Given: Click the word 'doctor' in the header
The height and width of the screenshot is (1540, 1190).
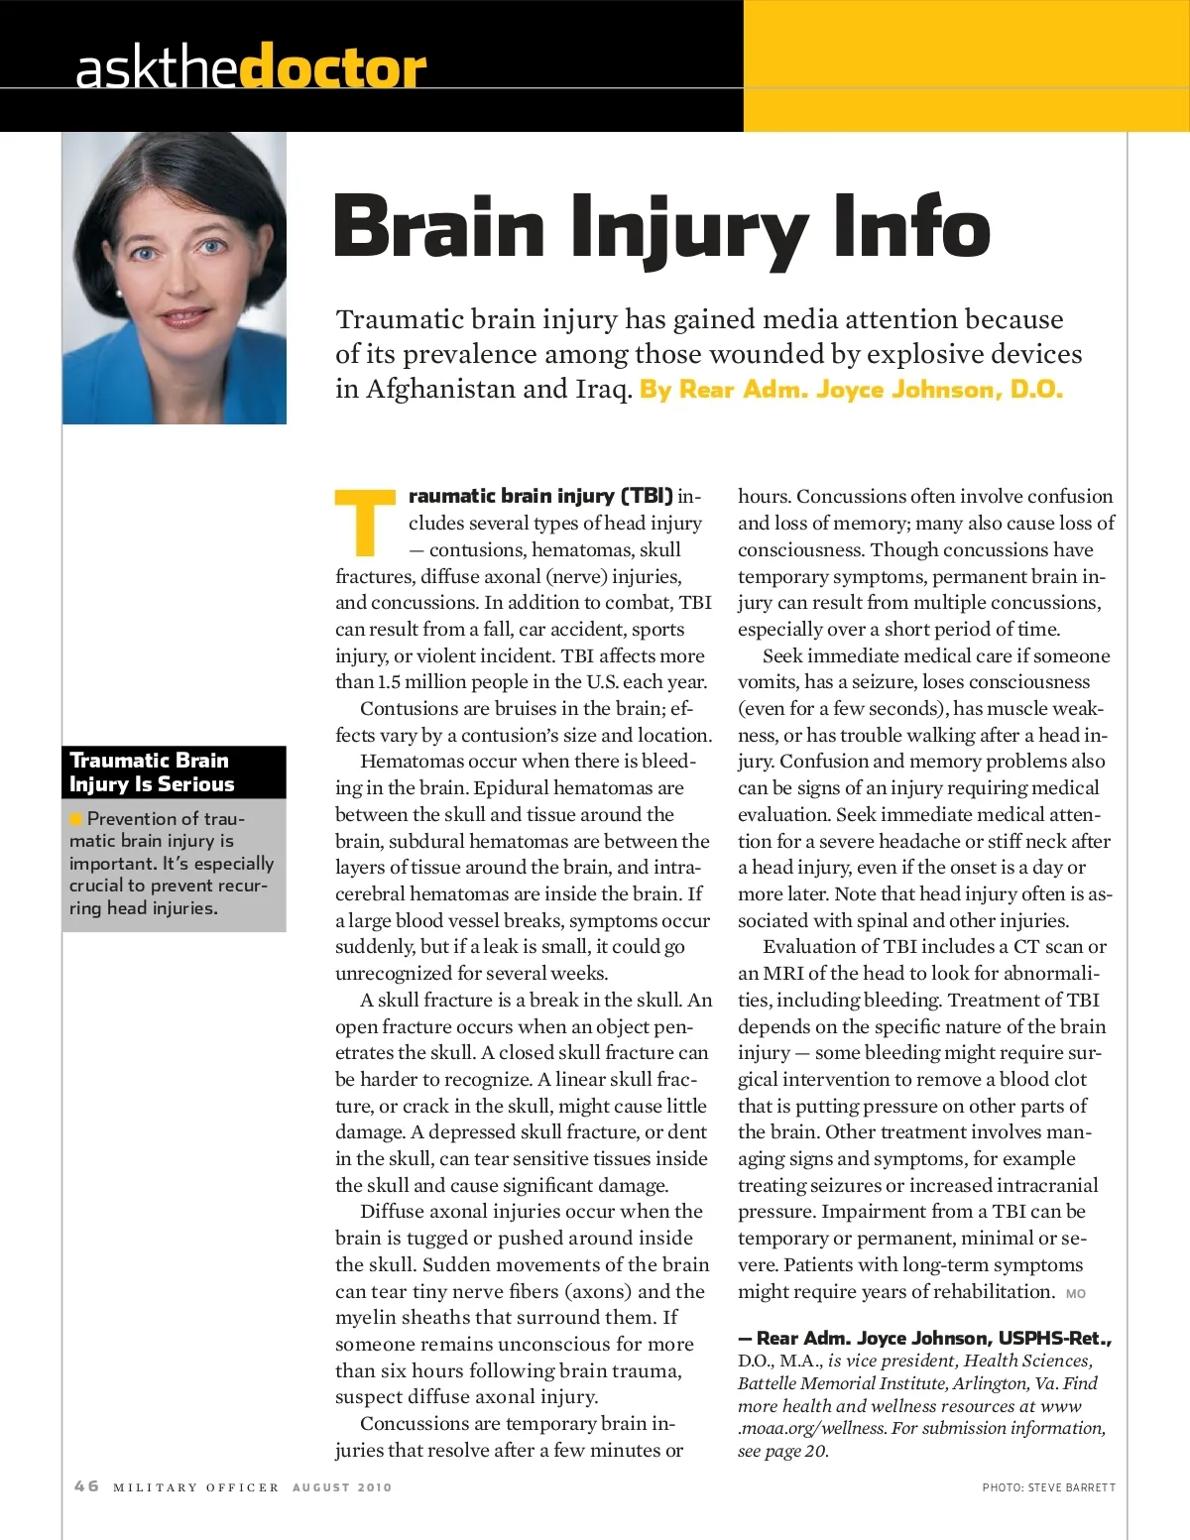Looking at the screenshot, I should click(x=333, y=67).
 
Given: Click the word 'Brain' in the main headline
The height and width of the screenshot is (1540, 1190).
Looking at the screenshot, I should click(x=439, y=228).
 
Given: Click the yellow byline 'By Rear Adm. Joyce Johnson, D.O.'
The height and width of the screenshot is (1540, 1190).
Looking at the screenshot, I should click(x=851, y=389).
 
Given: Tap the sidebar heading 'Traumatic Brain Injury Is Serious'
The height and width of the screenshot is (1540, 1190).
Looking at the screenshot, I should click(x=152, y=772).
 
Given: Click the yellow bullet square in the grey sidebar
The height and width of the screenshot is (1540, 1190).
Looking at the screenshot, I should click(x=75, y=819).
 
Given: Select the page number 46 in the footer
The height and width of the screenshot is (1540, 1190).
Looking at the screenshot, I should click(x=86, y=1485).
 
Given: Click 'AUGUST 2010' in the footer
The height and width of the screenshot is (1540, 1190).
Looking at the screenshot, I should click(x=342, y=1487).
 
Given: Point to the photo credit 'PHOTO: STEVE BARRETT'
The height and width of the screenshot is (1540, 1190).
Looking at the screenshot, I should click(x=1048, y=1487).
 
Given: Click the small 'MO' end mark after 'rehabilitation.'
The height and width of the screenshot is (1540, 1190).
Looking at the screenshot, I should click(x=1075, y=1294).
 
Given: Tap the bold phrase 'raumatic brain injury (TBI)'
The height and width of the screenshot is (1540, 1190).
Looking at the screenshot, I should click(x=540, y=496).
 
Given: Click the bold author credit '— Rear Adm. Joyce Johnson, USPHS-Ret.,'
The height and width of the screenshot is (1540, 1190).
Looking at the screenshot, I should click(x=924, y=1339).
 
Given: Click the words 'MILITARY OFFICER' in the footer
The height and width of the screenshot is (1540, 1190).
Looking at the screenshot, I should click(x=196, y=1487).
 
